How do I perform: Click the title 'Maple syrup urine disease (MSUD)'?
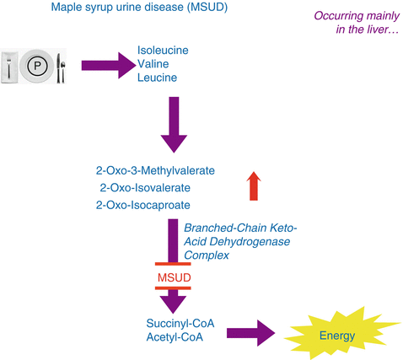[139, 7]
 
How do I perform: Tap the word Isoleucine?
[163, 51]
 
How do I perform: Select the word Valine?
[153, 64]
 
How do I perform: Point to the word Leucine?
[157, 78]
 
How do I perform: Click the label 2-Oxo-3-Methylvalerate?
[155, 170]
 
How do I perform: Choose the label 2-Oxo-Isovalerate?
[145, 188]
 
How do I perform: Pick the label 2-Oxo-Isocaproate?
[143, 205]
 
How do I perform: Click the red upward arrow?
[254, 186]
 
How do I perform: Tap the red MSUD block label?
[175, 277]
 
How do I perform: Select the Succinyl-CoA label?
[180, 324]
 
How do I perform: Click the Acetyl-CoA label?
[175, 337]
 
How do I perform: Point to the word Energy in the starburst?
[337, 336]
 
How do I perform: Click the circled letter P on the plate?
[37, 66]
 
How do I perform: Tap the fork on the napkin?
[9, 67]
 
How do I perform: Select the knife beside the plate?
[58, 68]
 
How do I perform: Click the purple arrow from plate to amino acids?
[109, 66]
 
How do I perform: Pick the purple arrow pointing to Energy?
[251, 333]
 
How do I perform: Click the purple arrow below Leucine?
[174, 125]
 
